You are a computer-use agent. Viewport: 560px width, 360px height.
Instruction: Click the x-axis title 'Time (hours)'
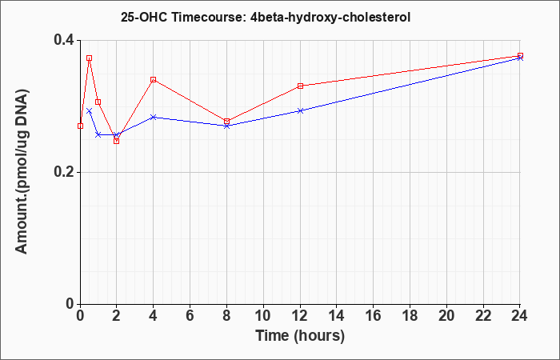tap(300, 336)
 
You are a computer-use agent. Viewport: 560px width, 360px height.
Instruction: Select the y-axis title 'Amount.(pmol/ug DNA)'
tap(22, 171)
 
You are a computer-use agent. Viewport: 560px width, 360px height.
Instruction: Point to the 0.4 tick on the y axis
tap(63, 40)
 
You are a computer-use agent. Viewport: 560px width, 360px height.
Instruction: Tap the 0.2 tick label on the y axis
tap(63, 172)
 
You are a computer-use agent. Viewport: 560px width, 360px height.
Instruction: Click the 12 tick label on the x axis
tap(300, 316)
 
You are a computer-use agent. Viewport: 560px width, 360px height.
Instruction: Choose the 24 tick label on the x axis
tap(520, 316)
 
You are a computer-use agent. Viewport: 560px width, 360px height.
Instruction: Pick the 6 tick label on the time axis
tap(190, 316)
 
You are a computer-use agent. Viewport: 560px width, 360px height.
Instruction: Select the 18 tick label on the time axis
tap(410, 316)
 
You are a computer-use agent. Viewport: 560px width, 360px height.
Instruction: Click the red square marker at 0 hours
tap(80, 126)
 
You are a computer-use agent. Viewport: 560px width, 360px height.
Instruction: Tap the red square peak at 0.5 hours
tap(90, 58)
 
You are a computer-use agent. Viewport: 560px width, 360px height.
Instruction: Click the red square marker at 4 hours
tap(154, 80)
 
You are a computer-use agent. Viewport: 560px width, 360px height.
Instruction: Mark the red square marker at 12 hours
tap(300, 86)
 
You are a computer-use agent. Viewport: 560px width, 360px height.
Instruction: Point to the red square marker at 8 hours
tap(226, 122)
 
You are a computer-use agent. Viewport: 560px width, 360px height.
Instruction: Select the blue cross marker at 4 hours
tap(154, 117)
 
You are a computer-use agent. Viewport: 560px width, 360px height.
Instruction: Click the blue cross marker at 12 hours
tap(300, 110)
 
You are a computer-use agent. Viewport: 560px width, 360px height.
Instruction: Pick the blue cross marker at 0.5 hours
tap(90, 111)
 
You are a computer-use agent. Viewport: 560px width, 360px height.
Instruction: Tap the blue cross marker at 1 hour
tap(98, 134)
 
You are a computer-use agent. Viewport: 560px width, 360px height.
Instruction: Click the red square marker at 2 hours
tap(117, 141)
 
